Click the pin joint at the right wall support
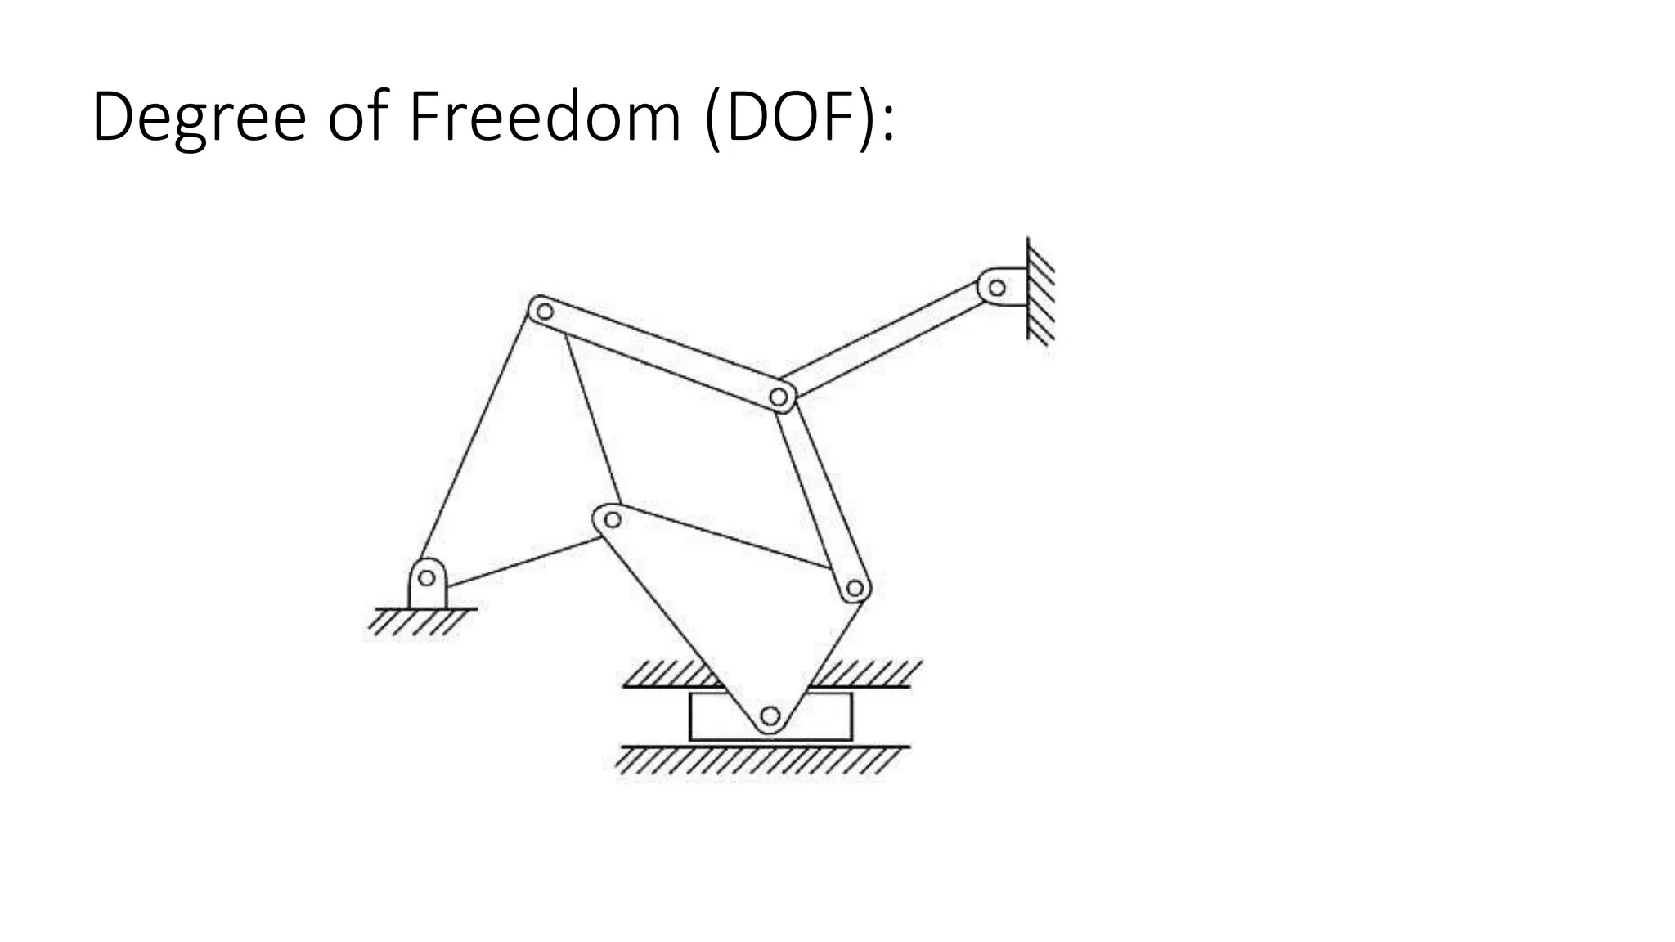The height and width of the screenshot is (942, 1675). (997, 288)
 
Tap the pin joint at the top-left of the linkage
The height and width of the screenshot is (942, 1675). (544, 311)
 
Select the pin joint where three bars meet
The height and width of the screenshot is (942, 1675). (779, 398)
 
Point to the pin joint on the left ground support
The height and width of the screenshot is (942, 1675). (426, 578)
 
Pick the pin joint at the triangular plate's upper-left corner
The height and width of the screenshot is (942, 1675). (611, 518)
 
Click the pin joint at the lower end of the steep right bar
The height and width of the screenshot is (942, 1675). (855, 588)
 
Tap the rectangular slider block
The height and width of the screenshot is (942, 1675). (712, 717)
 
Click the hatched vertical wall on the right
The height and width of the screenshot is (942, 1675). (1040, 290)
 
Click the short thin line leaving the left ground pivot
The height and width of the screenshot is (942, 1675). (523, 562)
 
